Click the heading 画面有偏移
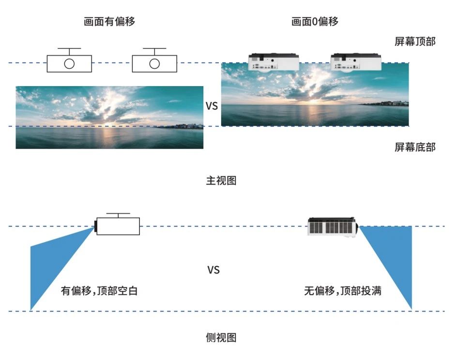[109, 22]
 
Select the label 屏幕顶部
[415, 42]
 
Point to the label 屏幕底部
[415, 147]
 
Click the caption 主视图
[221, 181]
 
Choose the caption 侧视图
[221, 338]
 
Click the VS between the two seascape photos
[212, 106]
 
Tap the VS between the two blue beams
[213, 270]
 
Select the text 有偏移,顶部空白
[99, 291]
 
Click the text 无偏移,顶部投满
[343, 291]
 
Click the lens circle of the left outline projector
[69, 64]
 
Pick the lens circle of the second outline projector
[154, 64]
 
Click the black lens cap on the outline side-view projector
[95, 225]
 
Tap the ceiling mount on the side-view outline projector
[118, 215]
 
